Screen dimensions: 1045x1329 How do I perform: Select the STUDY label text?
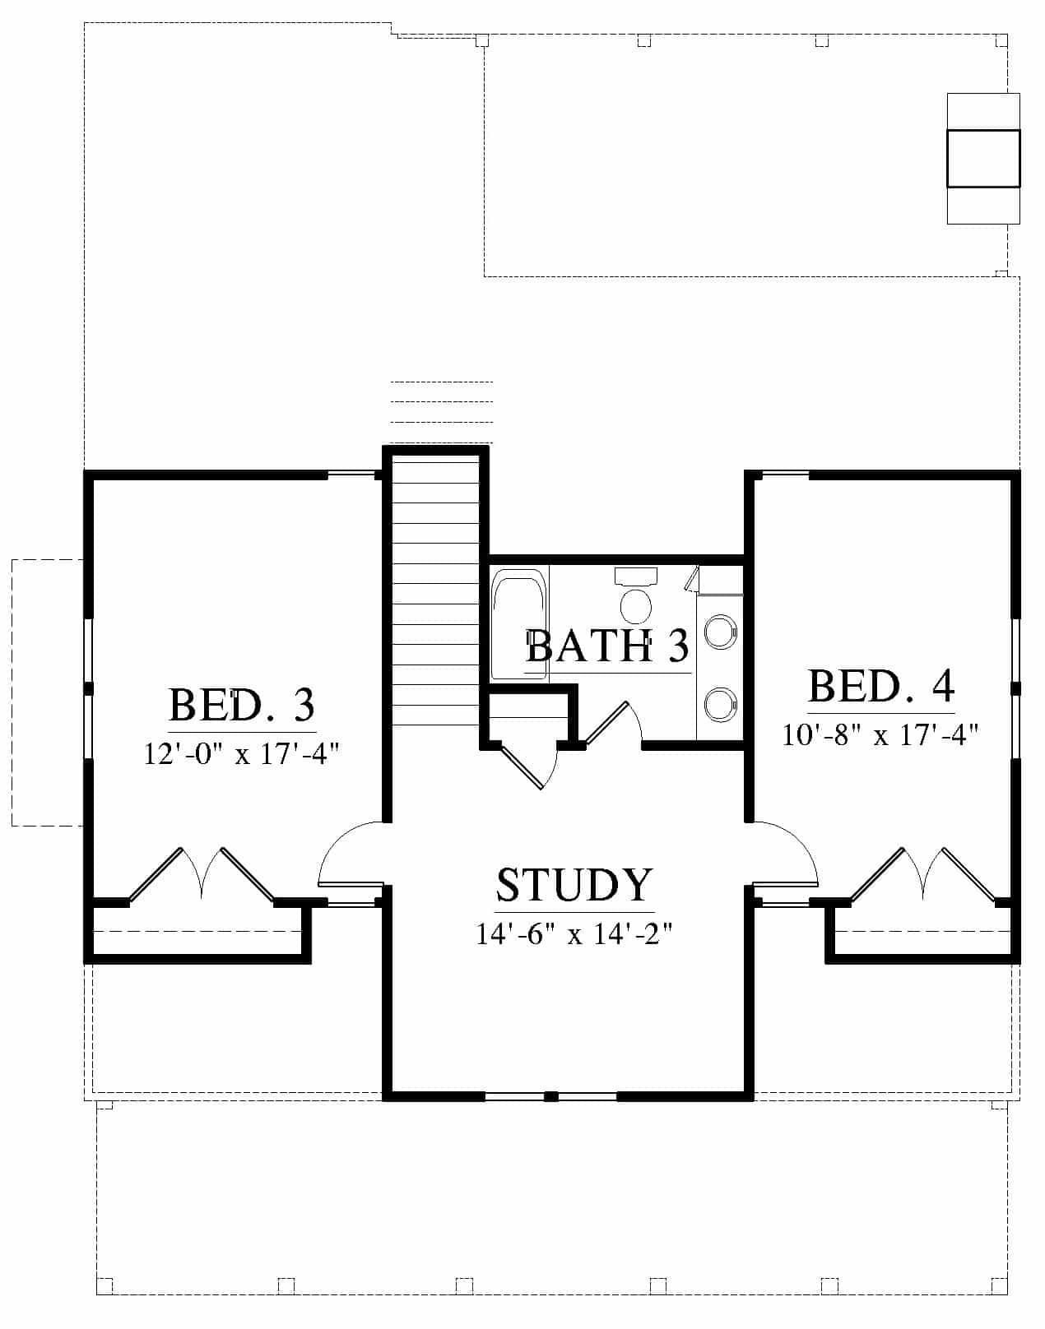pyautogui.click(x=574, y=885)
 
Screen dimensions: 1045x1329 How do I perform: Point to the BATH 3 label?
pyautogui.click(x=607, y=646)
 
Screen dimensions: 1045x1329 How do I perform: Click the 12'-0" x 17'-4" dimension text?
pyautogui.click(x=241, y=753)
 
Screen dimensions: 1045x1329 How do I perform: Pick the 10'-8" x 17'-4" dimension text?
pyautogui.click(x=880, y=734)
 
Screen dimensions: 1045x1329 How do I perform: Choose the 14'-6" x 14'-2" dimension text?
pyautogui.click(x=574, y=934)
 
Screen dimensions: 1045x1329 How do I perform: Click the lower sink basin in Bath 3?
pyautogui.click(x=720, y=705)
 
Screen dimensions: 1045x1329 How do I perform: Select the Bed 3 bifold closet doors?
pyautogui.click(x=202, y=873)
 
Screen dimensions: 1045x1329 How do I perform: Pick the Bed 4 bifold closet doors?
pyautogui.click(x=923, y=873)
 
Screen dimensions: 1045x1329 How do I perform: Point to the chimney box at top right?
pyautogui.click(x=983, y=159)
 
